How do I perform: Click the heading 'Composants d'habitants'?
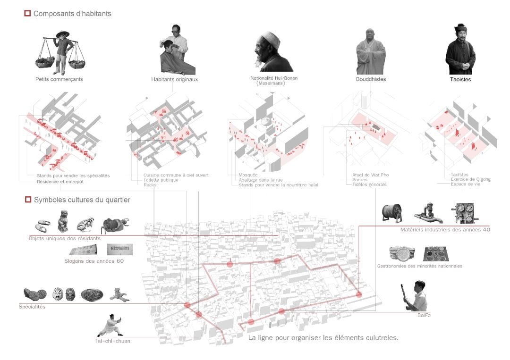pos(72,14)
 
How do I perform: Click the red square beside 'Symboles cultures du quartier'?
pos(27,200)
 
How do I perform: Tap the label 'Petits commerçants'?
pos(59,79)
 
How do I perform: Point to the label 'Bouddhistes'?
pos(371,79)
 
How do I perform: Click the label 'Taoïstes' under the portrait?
pos(460,80)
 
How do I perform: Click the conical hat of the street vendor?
pos(62,34)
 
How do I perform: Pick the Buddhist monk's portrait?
pos(370,52)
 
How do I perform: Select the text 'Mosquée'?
pos(248,175)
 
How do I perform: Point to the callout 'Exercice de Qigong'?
pos(470,179)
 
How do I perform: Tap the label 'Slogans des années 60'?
pos(94,261)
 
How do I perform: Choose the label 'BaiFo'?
pos(424,315)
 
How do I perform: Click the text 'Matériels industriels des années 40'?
pos(445,230)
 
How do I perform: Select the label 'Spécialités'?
pos(32,307)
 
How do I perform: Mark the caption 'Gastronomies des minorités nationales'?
pos(419,266)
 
